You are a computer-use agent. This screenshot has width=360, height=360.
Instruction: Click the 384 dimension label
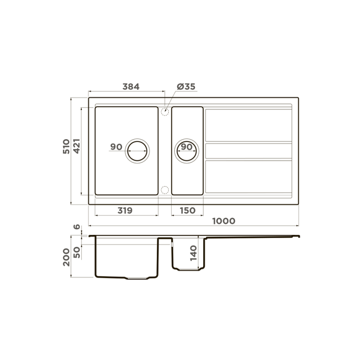(x=131, y=86)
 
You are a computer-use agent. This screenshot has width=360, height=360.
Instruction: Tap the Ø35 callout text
(x=186, y=86)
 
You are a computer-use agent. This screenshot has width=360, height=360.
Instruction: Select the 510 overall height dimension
(x=66, y=146)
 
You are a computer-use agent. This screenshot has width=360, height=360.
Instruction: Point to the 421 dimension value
(x=76, y=146)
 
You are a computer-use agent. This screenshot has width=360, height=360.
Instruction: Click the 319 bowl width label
(x=125, y=210)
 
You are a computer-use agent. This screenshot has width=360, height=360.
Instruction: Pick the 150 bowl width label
(x=188, y=210)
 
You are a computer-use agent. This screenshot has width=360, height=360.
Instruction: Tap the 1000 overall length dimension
(x=224, y=221)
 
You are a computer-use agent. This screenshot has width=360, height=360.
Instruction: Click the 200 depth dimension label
(x=66, y=257)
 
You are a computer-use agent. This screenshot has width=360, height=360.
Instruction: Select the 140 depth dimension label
(x=194, y=253)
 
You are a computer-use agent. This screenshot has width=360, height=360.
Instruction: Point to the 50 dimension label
(x=77, y=252)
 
